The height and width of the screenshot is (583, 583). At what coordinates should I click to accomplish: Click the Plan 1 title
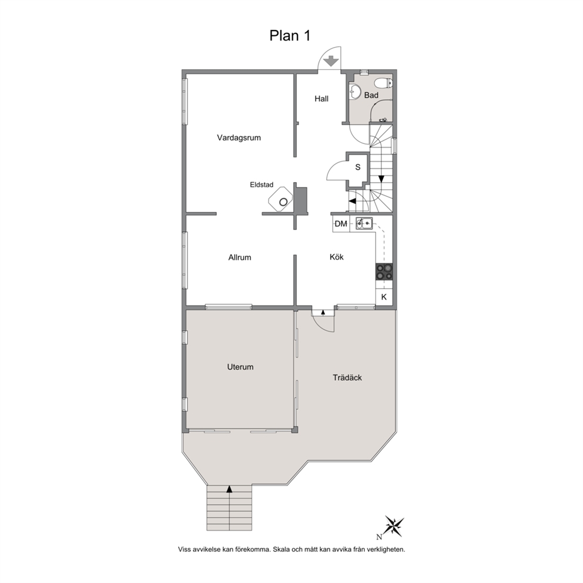[290, 36]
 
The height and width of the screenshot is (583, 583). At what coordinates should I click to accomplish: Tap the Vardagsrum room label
[239, 138]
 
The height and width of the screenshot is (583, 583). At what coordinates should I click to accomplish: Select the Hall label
[321, 99]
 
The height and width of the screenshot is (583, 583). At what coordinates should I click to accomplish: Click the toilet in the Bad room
[383, 82]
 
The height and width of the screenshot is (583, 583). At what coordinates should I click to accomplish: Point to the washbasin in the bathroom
[355, 91]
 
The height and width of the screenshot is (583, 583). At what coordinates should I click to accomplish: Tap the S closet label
[358, 167]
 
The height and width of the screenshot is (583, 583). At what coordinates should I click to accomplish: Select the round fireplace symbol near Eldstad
[283, 202]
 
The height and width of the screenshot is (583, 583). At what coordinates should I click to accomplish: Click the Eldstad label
[262, 185]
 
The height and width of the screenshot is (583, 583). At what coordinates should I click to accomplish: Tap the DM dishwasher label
[341, 224]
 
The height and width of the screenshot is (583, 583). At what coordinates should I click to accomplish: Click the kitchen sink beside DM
[364, 223]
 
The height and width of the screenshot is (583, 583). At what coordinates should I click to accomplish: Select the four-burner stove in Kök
[384, 272]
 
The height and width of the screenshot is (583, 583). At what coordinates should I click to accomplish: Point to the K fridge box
[384, 297]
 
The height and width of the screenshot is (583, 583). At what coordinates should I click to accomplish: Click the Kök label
[337, 257]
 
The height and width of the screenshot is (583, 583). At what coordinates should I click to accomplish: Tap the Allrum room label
[240, 257]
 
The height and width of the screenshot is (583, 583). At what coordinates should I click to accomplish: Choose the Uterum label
[240, 367]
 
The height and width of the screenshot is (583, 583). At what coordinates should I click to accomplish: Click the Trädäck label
[347, 378]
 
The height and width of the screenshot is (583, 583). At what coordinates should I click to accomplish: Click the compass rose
[394, 526]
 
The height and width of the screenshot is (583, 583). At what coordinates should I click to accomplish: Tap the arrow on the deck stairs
[229, 490]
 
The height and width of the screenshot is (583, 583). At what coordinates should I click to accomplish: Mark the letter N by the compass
[379, 537]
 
